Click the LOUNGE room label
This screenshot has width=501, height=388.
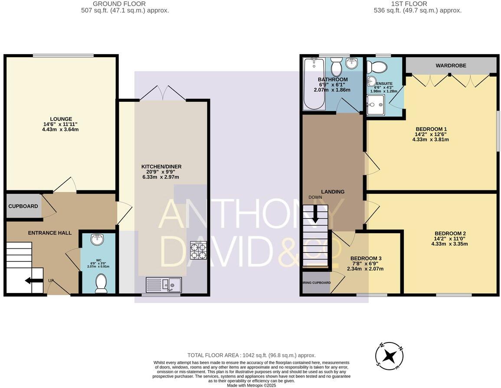[61, 119]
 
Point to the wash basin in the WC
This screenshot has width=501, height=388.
[98, 239]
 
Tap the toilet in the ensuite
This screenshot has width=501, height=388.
[376, 67]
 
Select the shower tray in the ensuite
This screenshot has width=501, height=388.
[375, 105]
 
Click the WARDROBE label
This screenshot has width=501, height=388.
[451, 65]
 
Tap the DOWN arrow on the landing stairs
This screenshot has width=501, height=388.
[315, 214]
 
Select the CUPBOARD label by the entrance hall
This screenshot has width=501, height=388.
[23, 206]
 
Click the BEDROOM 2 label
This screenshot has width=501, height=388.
[449, 233]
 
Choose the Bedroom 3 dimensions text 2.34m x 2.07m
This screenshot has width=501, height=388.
[365, 269]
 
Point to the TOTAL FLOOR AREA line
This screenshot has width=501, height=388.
[252, 355]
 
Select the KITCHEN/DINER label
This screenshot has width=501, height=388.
[161, 166]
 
